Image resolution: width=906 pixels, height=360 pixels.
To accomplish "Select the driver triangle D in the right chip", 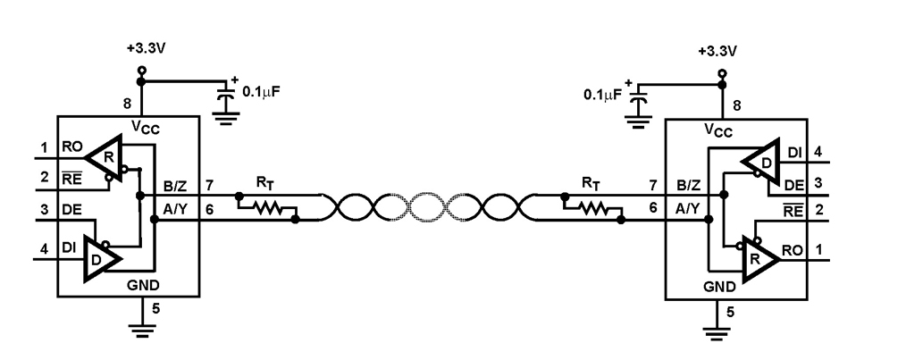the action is pos(762,162).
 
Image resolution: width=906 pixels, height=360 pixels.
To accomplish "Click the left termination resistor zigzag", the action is pos(265,210).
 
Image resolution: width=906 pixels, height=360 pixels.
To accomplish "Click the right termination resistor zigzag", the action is pos(592,210).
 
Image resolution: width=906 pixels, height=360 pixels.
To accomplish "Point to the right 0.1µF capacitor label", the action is pos(600,93).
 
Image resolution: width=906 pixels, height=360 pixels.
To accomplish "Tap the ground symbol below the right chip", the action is pos(714,332).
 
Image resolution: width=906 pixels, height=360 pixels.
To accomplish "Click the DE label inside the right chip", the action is pos(791,186).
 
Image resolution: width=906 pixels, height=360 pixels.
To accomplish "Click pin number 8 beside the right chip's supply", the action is pos(736,106).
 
